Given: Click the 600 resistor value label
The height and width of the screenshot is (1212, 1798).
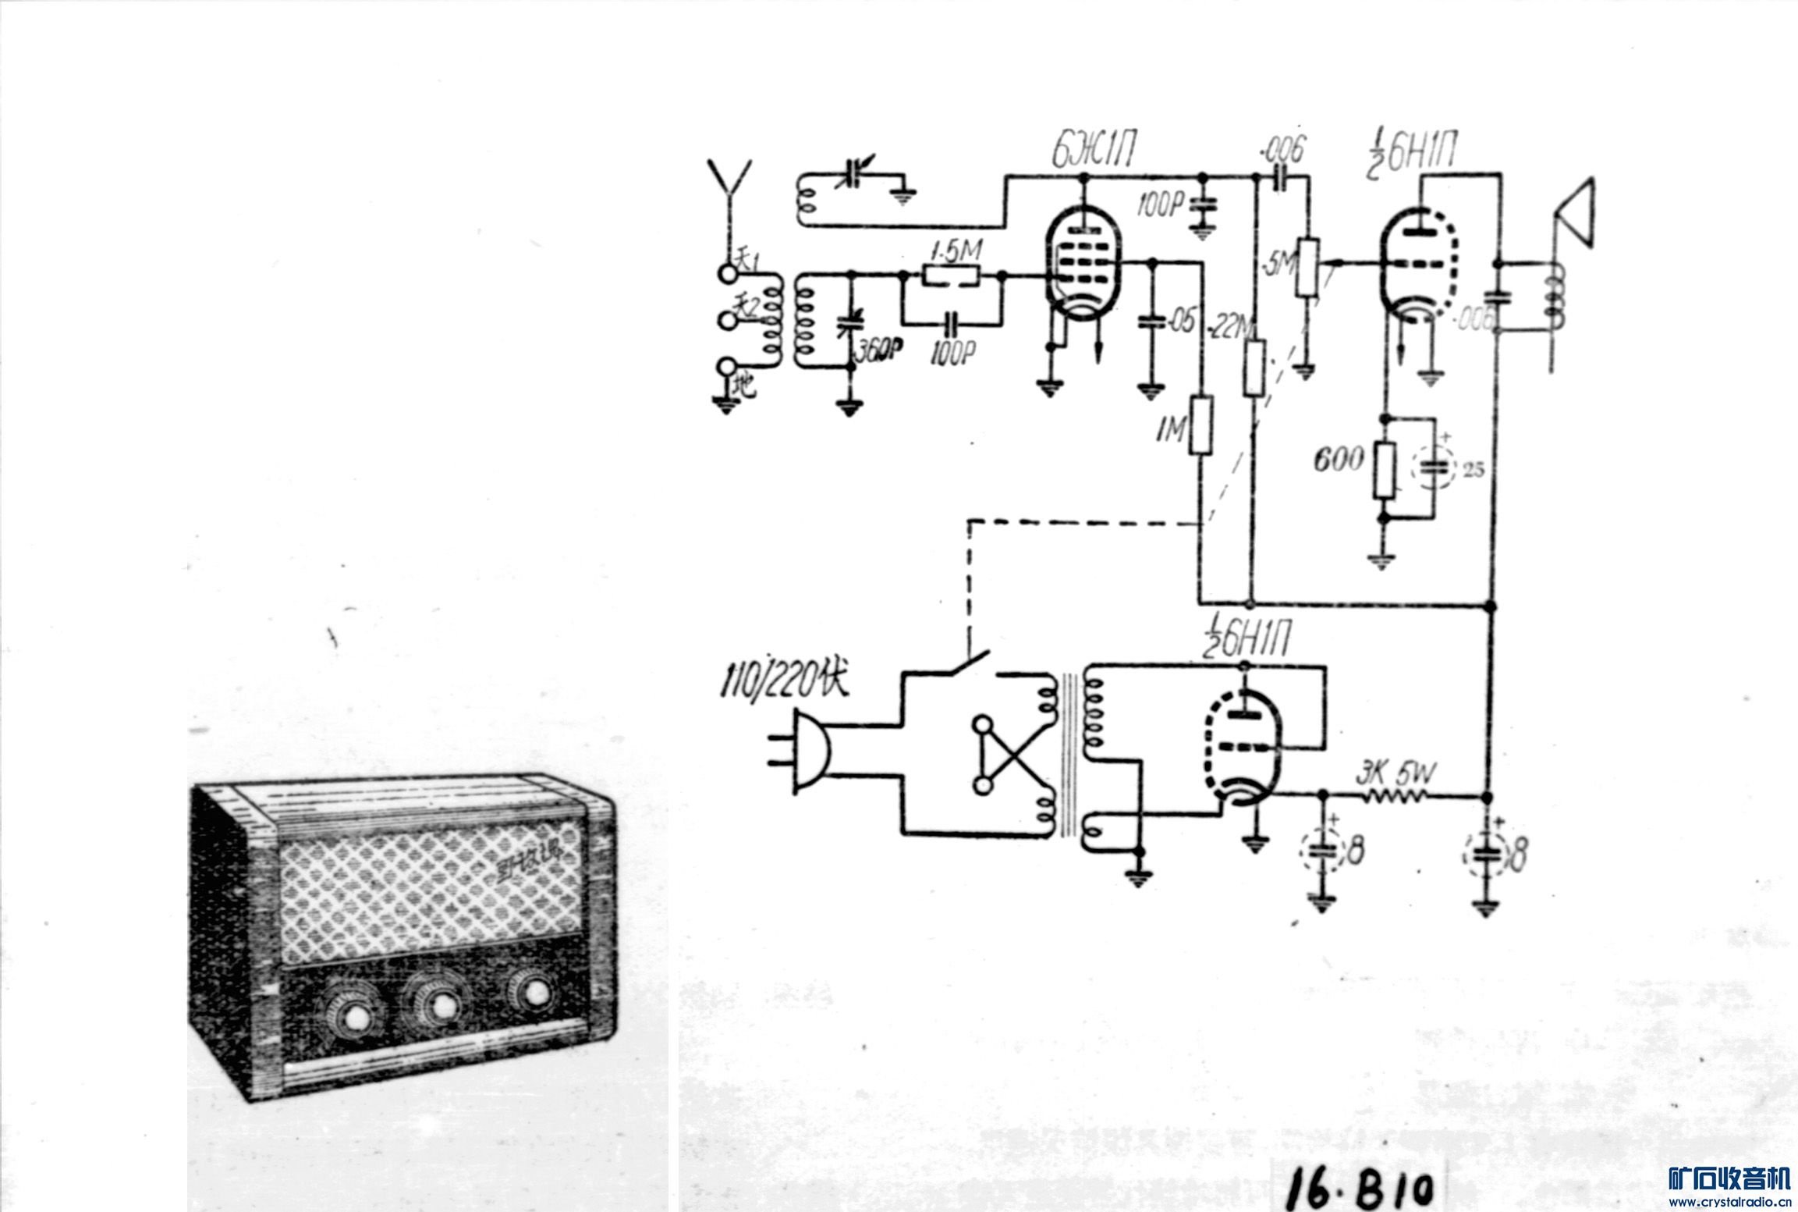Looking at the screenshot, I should click(x=1339, y=459).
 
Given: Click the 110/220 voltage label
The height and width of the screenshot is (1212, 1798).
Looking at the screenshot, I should click(x=782, y=681).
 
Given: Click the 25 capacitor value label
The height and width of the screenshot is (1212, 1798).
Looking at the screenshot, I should click(x=1474, y=469).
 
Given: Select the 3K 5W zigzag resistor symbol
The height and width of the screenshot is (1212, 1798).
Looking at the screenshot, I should click(x=1395, y=797).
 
